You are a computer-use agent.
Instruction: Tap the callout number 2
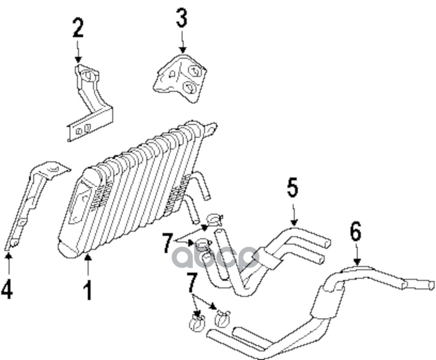tap(78, 28)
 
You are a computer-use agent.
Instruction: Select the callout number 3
tap(181, 19)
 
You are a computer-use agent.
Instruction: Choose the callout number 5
tap(292, 188)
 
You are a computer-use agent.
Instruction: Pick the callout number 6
tap(355, 232)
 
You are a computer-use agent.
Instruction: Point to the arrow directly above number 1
tap(88, 263)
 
